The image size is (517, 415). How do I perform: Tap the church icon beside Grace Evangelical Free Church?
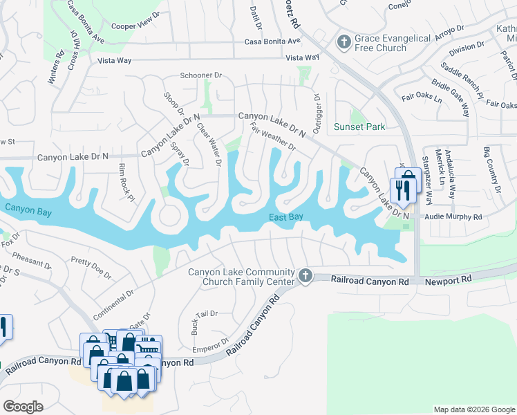344,41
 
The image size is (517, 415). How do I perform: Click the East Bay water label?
286,218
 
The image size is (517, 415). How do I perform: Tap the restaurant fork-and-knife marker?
399,190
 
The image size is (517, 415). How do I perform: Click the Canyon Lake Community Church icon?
305,277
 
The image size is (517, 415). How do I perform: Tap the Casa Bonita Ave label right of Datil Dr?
271,41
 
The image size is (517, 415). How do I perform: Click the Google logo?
23,406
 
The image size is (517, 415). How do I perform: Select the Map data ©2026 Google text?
473,409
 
